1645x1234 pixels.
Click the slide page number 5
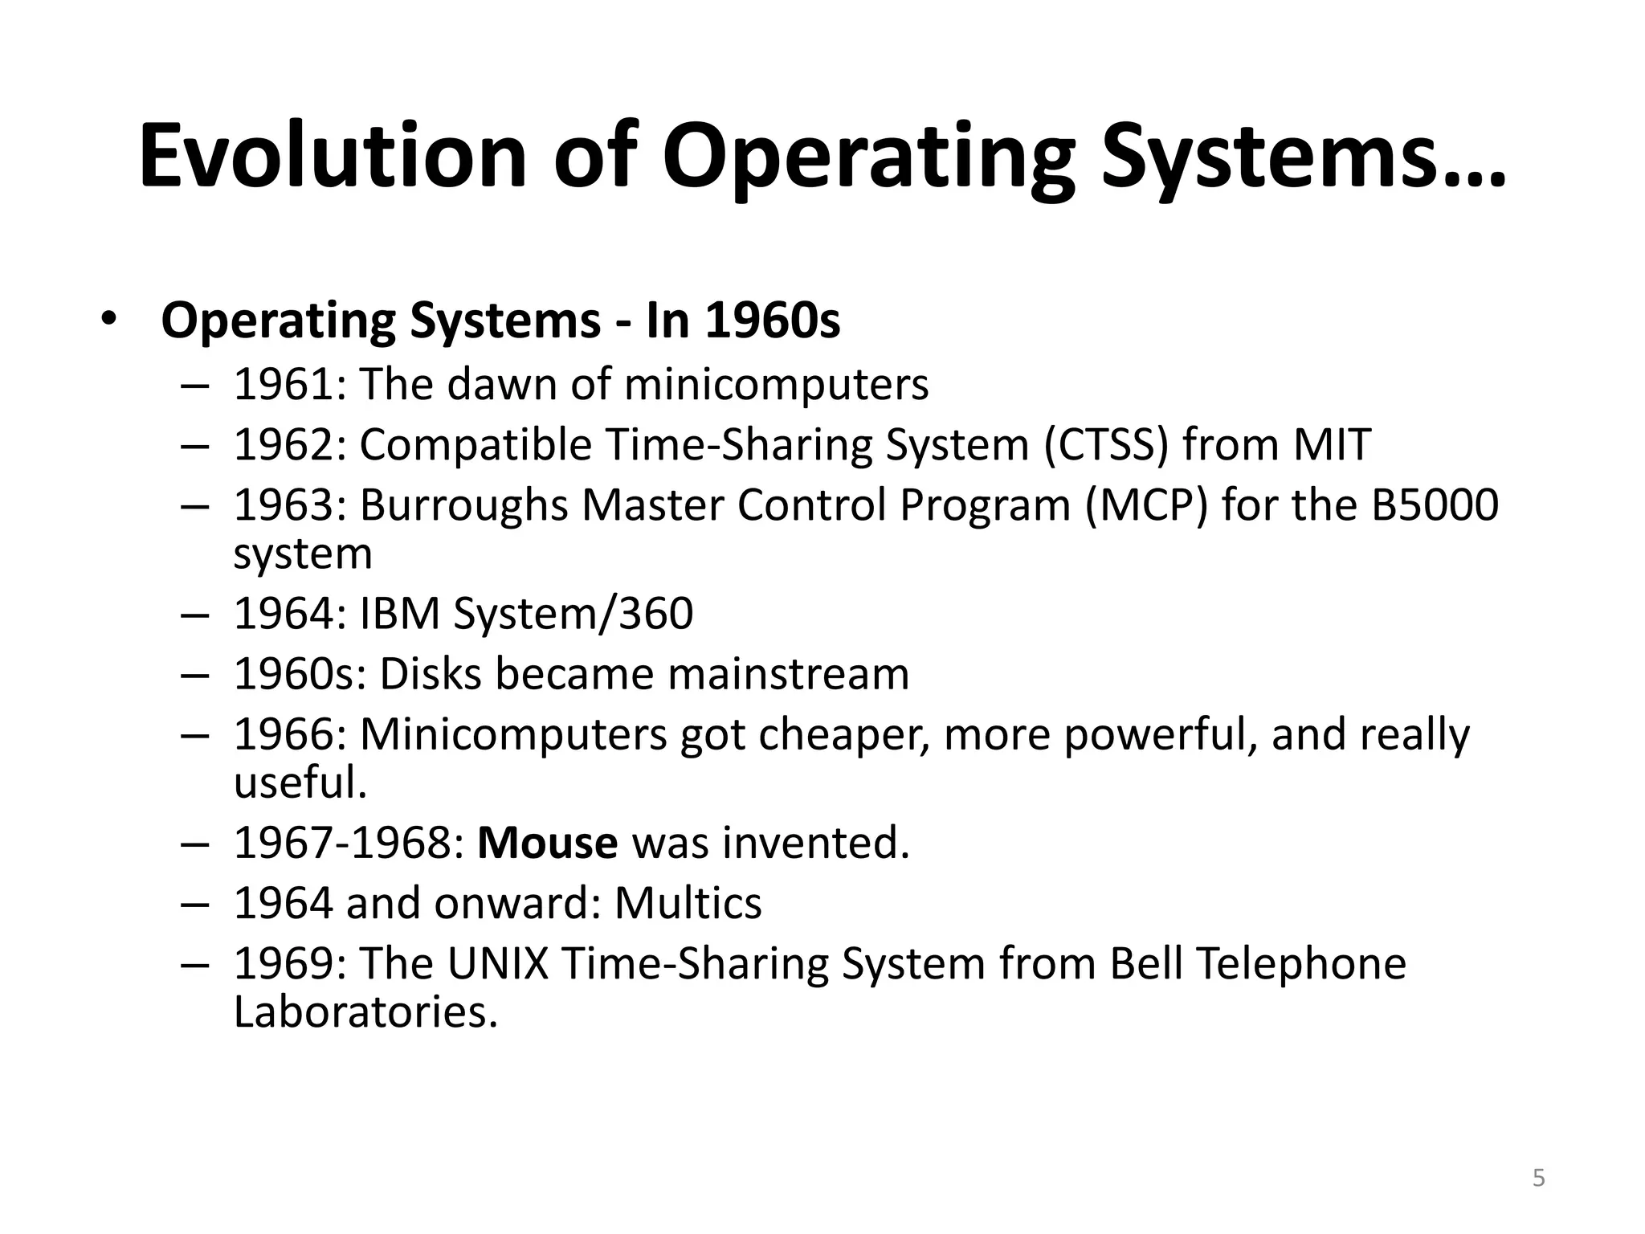click(x=1538, y=1178)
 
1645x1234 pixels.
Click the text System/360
click(x=573, y=614)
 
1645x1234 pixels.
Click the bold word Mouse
click(x=547, y=843)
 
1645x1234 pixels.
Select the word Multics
click(x=688, y=903)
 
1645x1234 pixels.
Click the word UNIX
click(x=497, y=963)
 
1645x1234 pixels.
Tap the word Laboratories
click(x=365, y=1011)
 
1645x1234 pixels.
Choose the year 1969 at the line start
click(x=284, y=963)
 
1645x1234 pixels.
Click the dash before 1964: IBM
click(x=195, y=614)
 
